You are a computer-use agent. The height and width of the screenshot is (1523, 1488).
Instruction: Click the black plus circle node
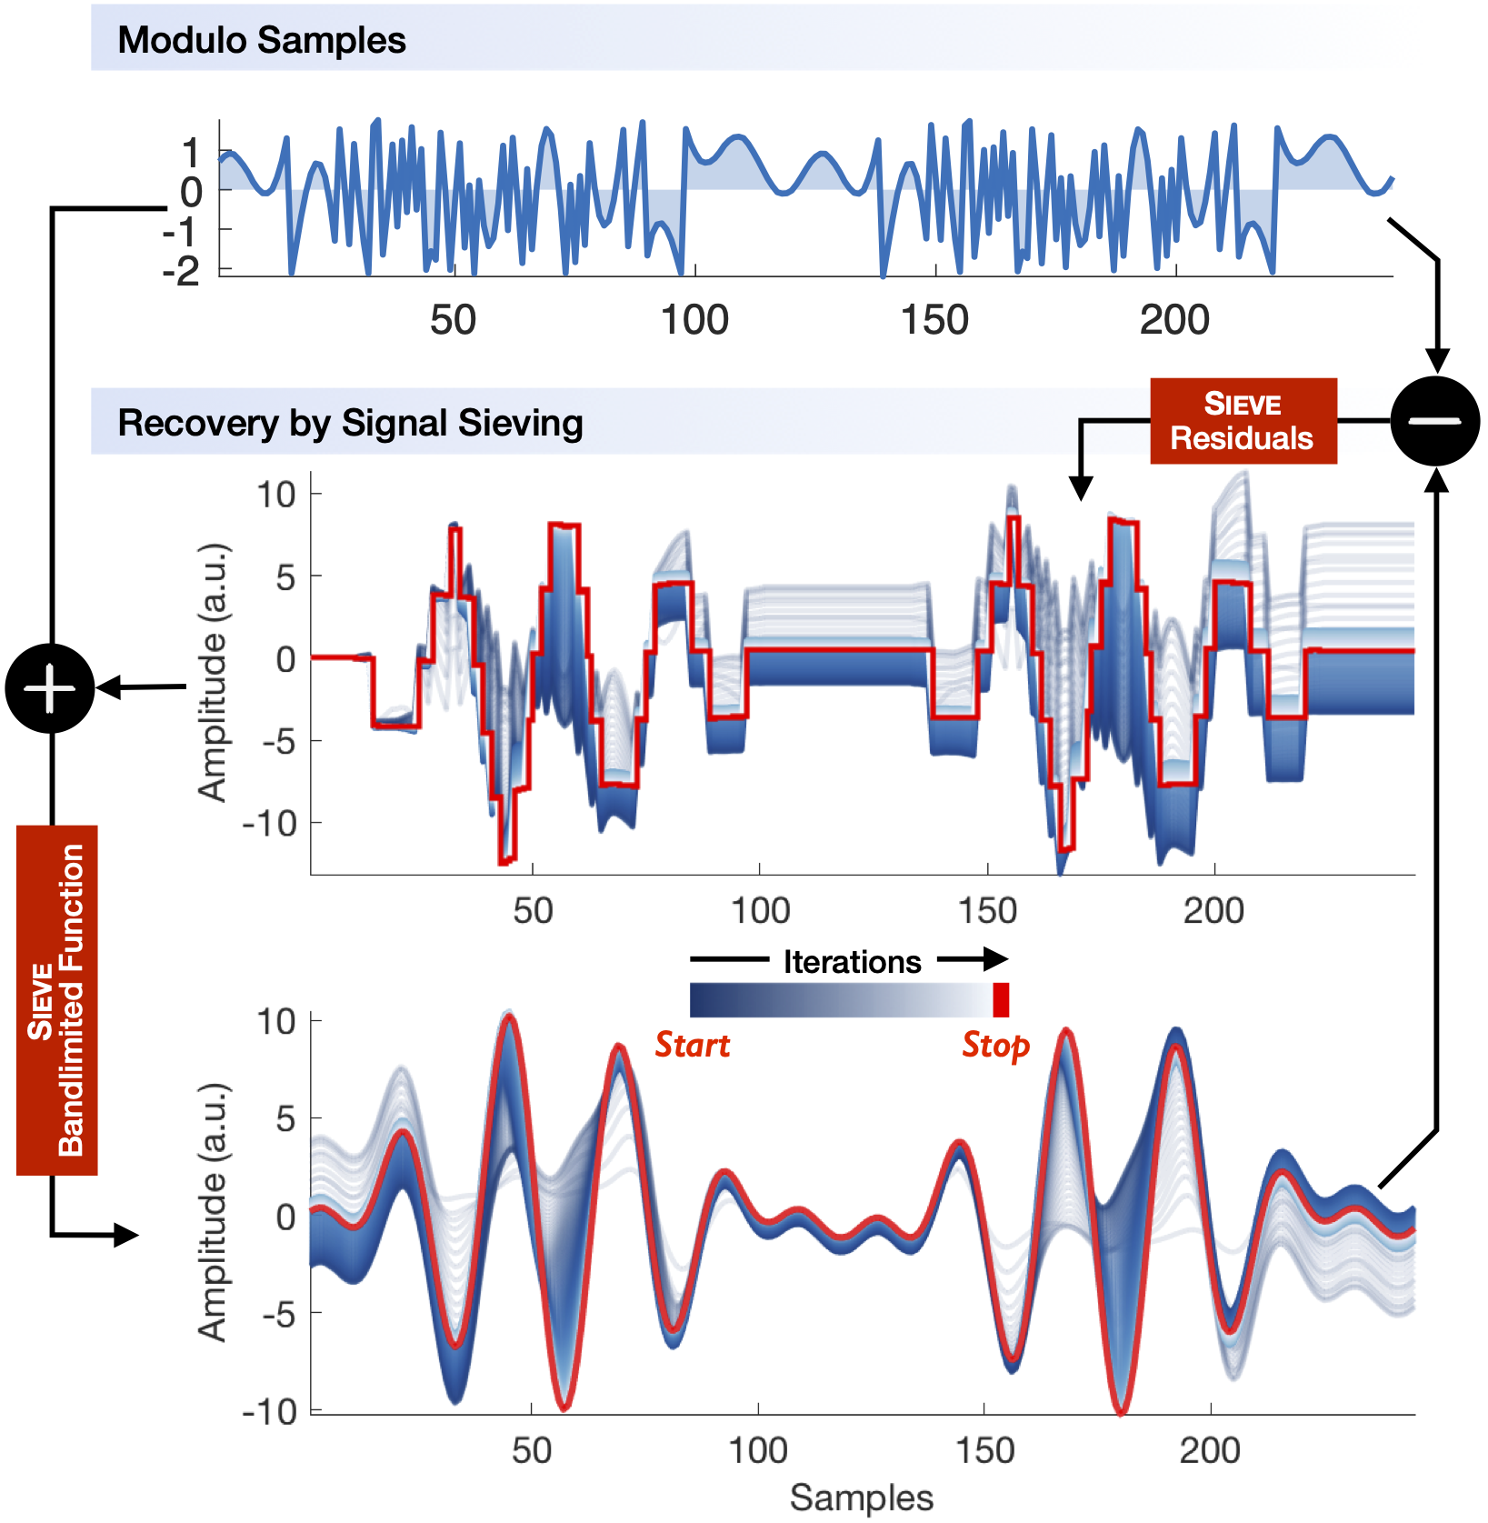(x=50, y=688)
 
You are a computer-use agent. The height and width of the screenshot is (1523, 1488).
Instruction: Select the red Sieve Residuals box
(x=1243, y=421)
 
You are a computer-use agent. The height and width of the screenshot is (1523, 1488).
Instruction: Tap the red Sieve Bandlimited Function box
(x=57, y=1000)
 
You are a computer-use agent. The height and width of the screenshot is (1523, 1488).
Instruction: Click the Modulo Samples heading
(x=262, y=40)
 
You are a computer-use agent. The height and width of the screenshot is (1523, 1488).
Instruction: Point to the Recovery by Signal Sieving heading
(x=350, y=423)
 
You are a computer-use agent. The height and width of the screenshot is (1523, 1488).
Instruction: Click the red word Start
(x=693, y=1045)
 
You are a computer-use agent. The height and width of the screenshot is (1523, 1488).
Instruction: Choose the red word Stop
(x=995, y=1045)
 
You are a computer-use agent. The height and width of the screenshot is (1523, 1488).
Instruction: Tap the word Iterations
(x=852, y=962)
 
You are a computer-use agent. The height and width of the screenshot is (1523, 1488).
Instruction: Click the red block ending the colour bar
(x=1000, y=1000)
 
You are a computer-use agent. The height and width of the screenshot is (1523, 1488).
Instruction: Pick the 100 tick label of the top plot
(x=694, y=320)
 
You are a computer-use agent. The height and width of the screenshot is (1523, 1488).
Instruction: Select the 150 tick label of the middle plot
(x=987, y=910)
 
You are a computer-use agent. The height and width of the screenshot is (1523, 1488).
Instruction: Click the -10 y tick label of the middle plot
(x=269, y=824)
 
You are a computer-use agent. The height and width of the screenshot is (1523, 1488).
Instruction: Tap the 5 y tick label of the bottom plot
(x=286, y=1119)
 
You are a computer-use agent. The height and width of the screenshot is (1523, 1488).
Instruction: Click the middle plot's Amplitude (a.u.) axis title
(x=213, y=673)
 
